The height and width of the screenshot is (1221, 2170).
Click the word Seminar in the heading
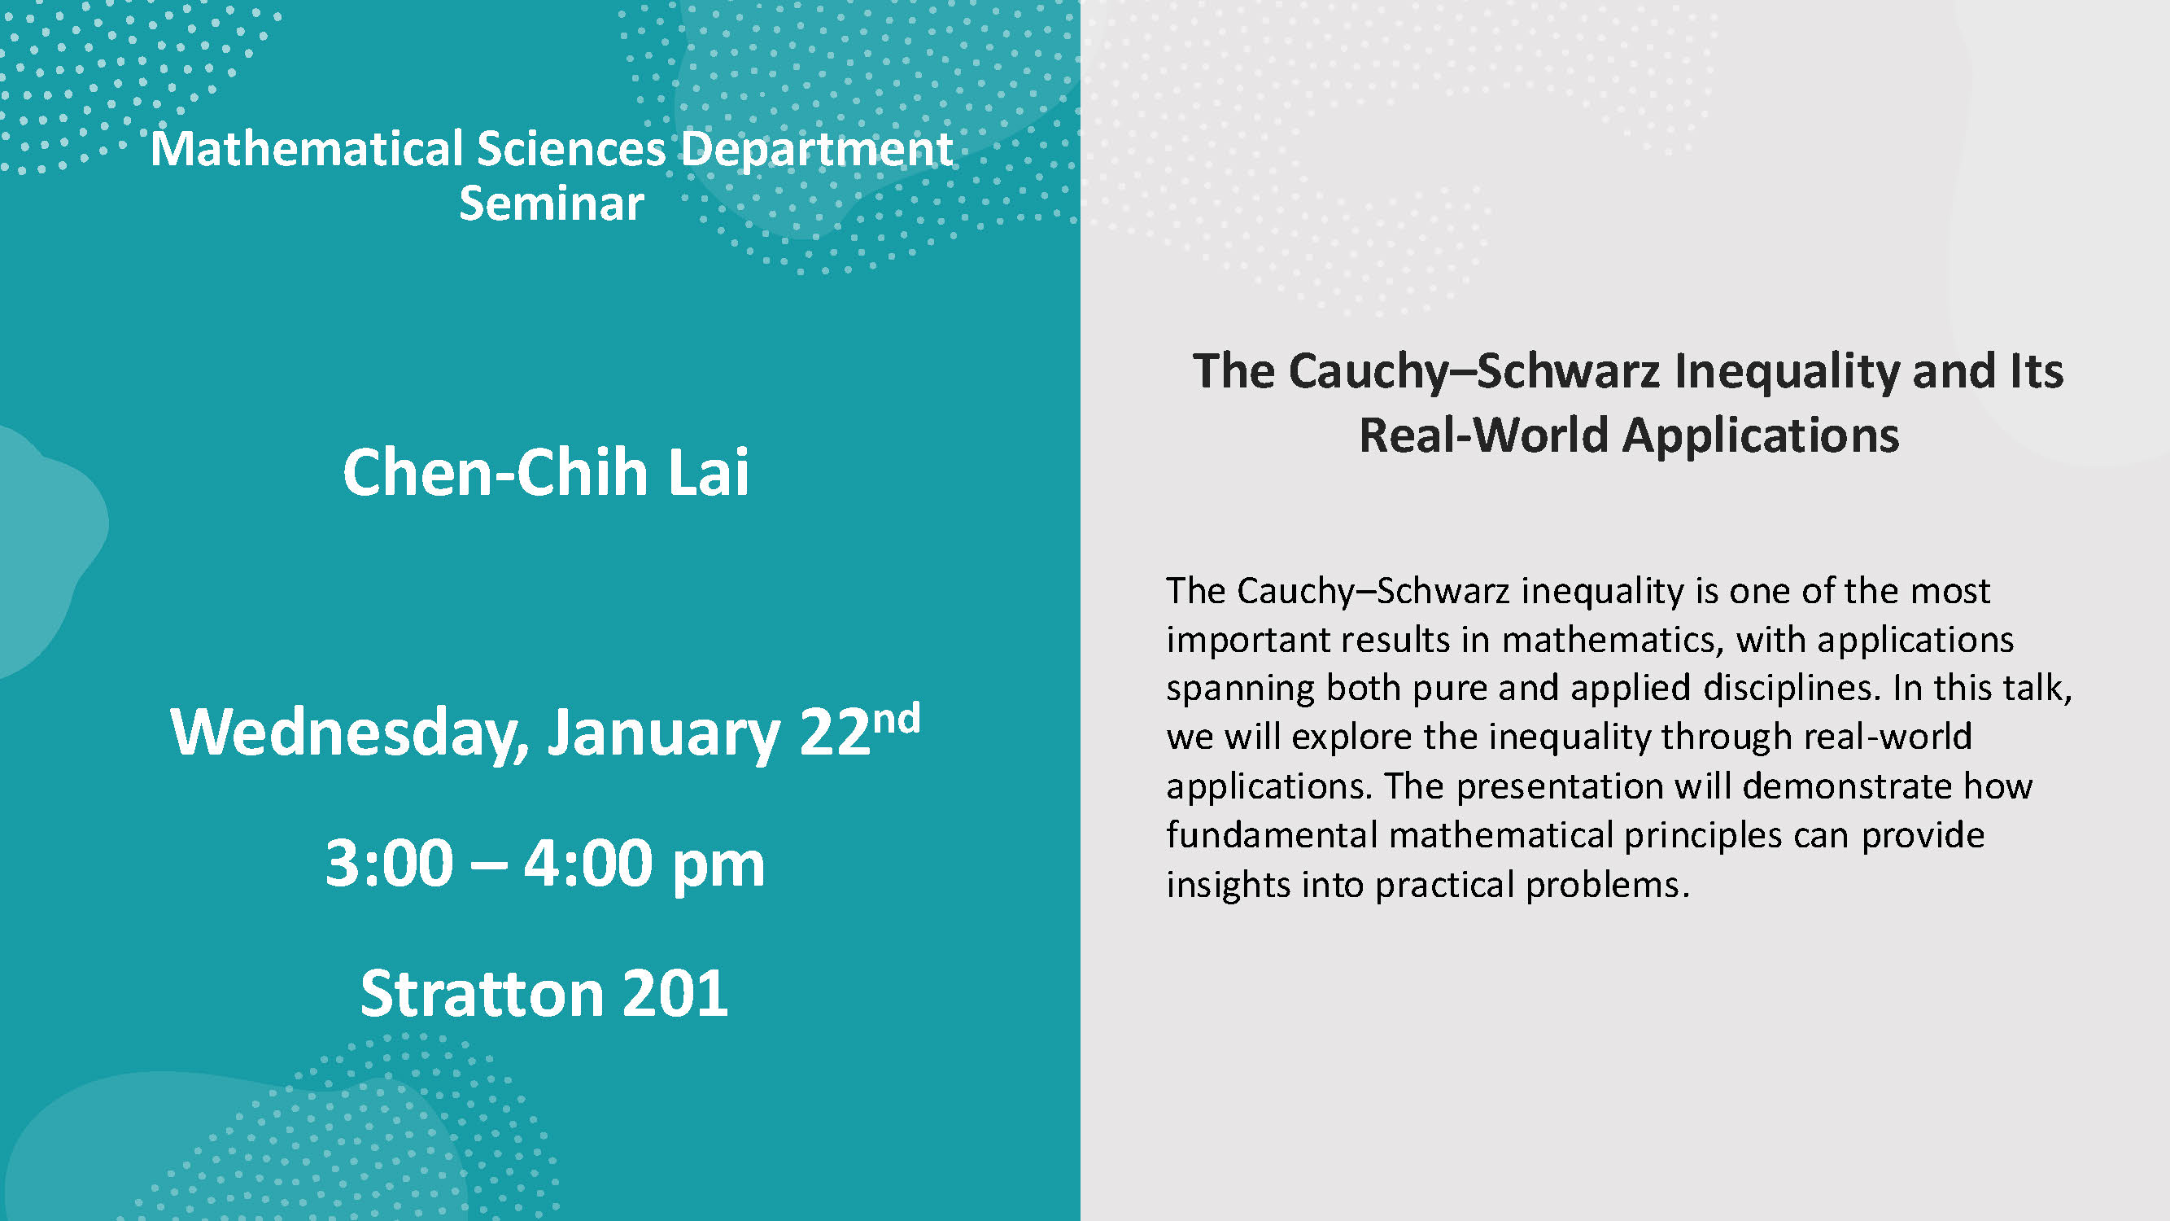[x=552, y=203]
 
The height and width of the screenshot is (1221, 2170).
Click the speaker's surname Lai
[x=709, y=472]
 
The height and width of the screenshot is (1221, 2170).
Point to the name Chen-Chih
[x=497, y=472]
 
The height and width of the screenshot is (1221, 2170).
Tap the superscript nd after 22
[x=897, y=720]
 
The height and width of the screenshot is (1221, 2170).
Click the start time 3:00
[x=389, y=863]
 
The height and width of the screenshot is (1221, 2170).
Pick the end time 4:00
[x=588, y=863]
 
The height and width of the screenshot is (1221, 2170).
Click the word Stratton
[x=482, y=993]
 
